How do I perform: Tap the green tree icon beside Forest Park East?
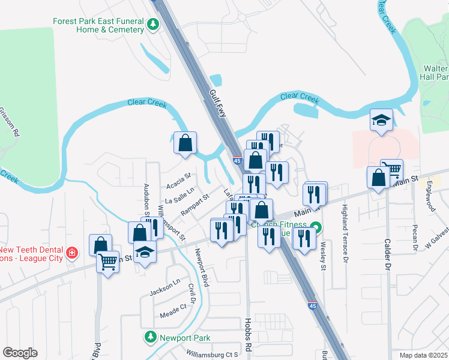point(153,25)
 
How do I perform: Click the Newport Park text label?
point(184,338)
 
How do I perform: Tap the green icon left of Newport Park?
point(151,338)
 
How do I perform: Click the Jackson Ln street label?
point(165,287)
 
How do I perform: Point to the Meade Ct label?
point(173,312)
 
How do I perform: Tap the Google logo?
point(20,353)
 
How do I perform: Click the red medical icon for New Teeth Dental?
point(72,253)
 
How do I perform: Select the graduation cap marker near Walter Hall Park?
point(381,120)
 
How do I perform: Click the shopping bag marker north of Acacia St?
point(185,143)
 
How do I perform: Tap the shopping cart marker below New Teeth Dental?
point(107,262)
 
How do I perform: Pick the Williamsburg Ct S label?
point(212,355)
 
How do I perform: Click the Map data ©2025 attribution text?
point(423,355)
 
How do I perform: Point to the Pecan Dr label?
point(415,238)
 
